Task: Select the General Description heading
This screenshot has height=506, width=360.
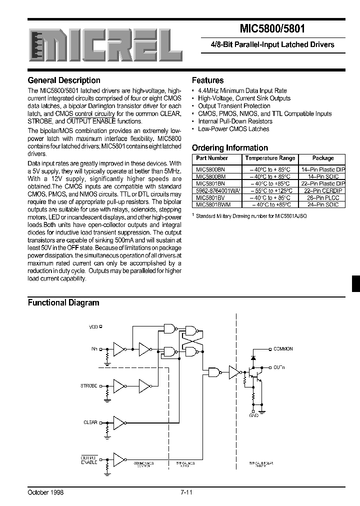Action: pos(64,80)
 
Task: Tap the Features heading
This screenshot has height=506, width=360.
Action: pos(208,80)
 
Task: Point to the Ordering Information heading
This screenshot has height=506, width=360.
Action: pos(230,147)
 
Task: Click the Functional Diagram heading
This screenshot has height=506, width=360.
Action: pos(63,302)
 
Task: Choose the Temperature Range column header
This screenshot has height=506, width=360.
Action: pos(270,158)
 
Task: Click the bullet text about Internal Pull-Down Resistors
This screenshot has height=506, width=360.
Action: pos(233,121)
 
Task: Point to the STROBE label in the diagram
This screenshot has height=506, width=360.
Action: pos(89,386)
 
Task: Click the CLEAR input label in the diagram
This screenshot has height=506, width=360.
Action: pos(90,422)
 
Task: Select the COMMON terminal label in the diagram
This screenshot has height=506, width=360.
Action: pos(283,349)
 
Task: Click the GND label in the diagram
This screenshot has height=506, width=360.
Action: pos(254,415)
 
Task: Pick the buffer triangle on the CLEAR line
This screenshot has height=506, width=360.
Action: pos(119,423)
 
